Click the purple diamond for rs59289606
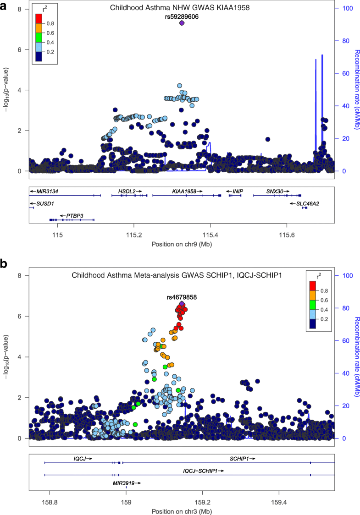point(182,23)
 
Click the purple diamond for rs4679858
point(182,304)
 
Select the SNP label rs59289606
point(182,16)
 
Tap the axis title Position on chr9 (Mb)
point(182,244)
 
